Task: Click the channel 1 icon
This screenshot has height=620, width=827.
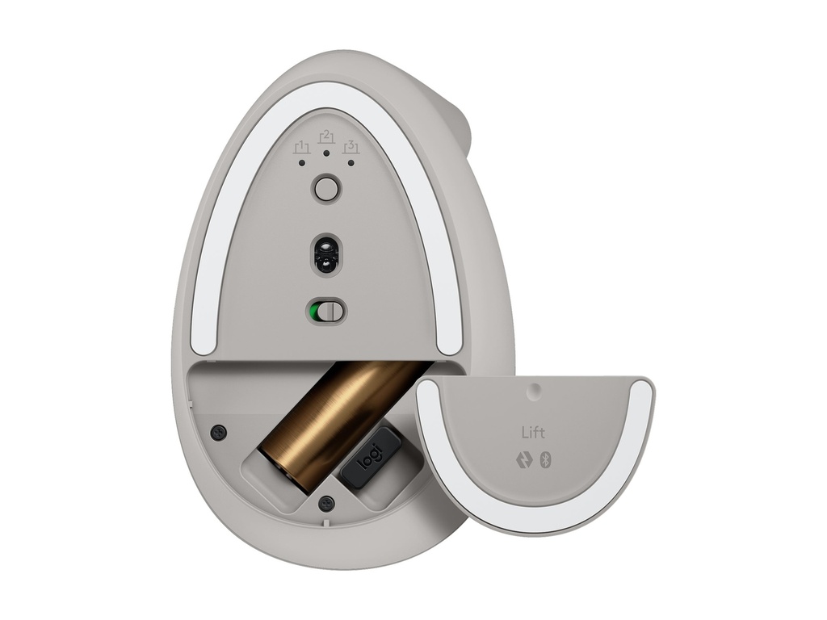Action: (302, 147)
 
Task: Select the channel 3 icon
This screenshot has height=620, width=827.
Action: (351, 147)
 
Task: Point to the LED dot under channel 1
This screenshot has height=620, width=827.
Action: (302, 162)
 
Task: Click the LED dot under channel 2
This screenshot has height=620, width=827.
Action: (326, 152)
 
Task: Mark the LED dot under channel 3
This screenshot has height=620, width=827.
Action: (351, 162)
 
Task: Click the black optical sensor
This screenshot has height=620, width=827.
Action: (326, 254)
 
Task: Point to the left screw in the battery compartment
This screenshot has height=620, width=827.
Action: (216, 433)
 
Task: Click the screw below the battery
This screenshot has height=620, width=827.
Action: (325, 502)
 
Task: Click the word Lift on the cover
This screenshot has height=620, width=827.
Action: (532, 434)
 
